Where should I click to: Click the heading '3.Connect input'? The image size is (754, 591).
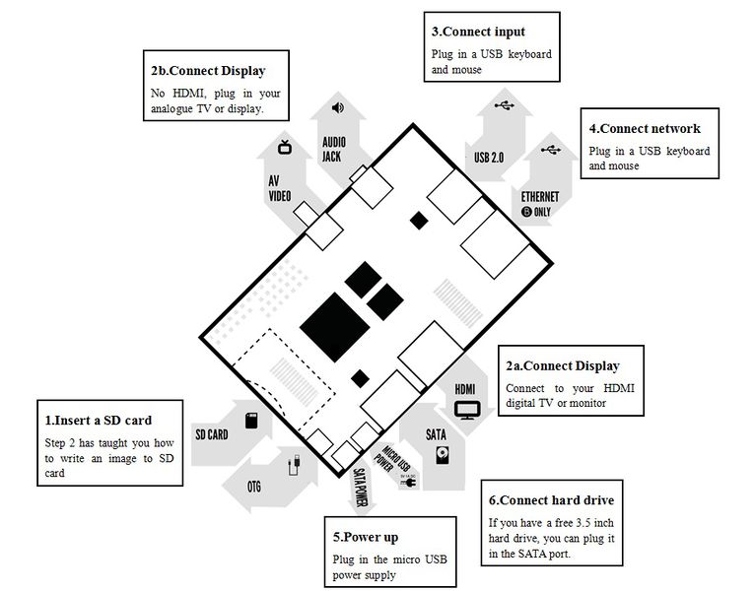point(478,32)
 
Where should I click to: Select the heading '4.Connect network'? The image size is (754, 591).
point(645,128)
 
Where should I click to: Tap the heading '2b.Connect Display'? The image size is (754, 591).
point(208,71)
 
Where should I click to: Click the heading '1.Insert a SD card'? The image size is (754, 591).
point(99,421)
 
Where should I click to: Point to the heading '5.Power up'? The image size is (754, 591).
point(366,537)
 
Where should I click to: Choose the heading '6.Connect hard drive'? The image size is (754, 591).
point(551,500)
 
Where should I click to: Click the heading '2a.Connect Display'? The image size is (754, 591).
point(563,366)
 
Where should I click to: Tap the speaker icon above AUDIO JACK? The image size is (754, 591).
point(338,107)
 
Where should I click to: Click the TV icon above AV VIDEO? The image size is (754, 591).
point(285,147)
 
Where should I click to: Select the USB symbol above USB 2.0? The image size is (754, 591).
point(505,104)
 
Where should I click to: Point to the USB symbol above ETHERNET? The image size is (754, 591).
point(551,150)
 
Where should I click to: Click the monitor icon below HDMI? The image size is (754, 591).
point(467,411)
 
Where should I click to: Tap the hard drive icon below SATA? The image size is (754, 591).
point(443,454)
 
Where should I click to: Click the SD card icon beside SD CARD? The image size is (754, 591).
point(251,421)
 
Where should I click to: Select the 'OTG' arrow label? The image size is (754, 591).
point(254,487)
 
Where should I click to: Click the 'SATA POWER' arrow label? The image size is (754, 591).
point(360,487)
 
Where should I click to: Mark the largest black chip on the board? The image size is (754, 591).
point(335,327)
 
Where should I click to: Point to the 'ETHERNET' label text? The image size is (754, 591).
point(540,197)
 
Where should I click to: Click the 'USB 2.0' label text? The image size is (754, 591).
point(489,158)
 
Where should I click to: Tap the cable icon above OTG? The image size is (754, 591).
point(295,465)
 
